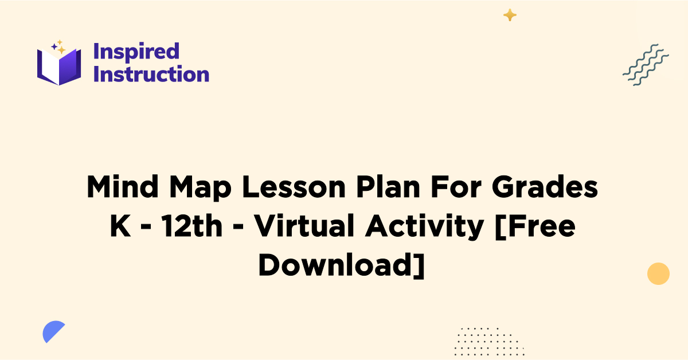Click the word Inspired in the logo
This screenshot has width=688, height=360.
click(x=136, y=52)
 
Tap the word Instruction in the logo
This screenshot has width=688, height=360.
click(x=151, y=74)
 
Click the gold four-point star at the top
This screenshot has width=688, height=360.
click(x=510, y=15)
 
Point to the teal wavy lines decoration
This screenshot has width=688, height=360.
click(x=646, y=65)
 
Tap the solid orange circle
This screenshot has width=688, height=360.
click(x=658, y=273)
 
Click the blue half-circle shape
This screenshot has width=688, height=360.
click(x=53, y=332)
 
